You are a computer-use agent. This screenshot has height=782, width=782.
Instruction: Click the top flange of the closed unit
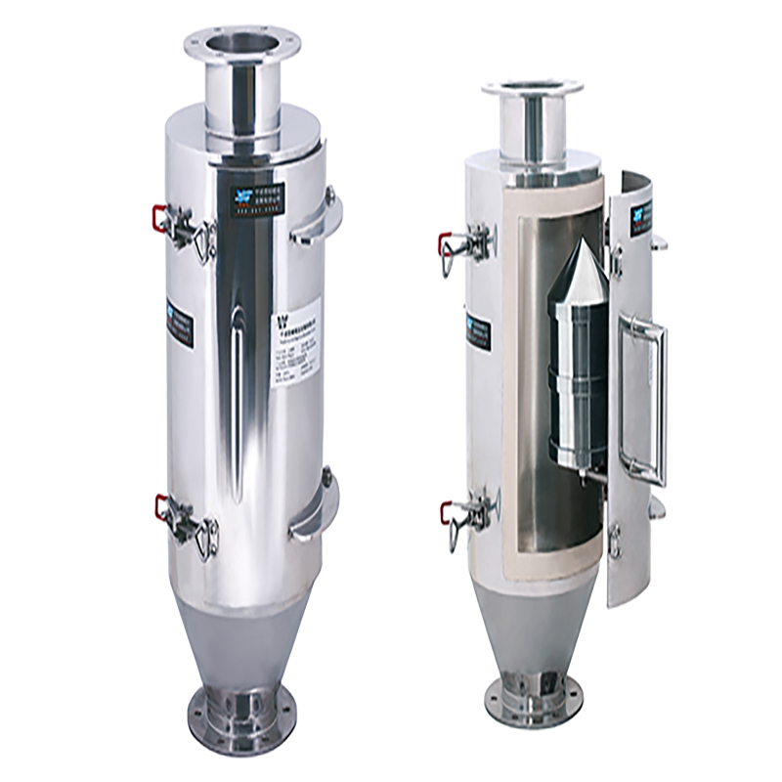(x=242, y=44)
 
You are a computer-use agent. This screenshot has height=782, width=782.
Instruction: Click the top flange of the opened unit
(x=532, y=90)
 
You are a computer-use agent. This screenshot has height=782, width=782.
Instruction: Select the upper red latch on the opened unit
(x=446, y=240)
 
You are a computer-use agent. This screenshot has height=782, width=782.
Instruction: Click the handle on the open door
(x=649, y=401)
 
